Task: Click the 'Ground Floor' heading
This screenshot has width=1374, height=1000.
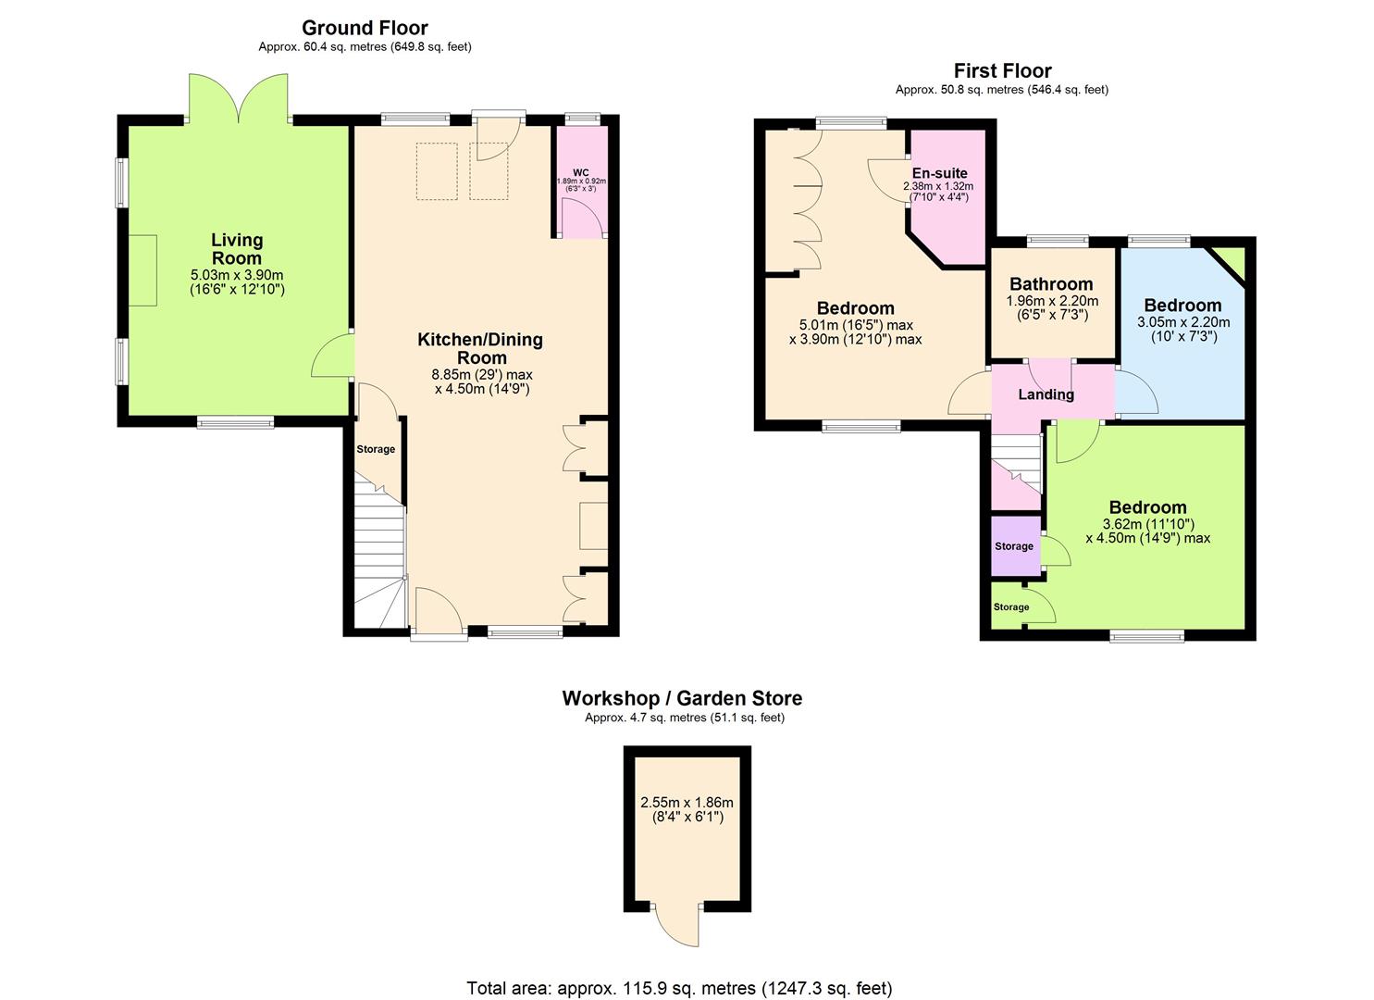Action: [x=365, y=28]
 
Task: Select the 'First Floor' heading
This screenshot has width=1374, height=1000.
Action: [x=1002, y=70]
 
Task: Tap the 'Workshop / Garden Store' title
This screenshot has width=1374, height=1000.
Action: [x=682, y=698]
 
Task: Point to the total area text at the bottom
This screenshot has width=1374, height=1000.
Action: [x=679, y=988]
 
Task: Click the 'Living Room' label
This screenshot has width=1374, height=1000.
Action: [x=237, y=249]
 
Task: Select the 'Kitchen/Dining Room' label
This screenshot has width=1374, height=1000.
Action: [x=480, y=348]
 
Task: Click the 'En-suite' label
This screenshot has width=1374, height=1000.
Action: [x=939, y=173]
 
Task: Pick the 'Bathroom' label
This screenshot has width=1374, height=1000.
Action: [x=1051, y=284]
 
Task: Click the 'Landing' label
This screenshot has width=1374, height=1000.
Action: [x=1046, y=394]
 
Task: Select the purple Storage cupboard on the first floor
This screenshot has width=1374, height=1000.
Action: [x=1014, y=546]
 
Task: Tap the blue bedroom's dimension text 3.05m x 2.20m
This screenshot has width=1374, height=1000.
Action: [x=1182, y=323]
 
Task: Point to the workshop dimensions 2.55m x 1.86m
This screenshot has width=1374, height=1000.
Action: [x=687, y=803]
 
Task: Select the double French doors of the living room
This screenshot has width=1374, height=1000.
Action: [x=241, y=98]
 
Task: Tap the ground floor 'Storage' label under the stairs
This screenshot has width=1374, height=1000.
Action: [x=376, y=449]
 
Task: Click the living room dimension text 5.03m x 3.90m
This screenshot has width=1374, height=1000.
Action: [x=237, y=275]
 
